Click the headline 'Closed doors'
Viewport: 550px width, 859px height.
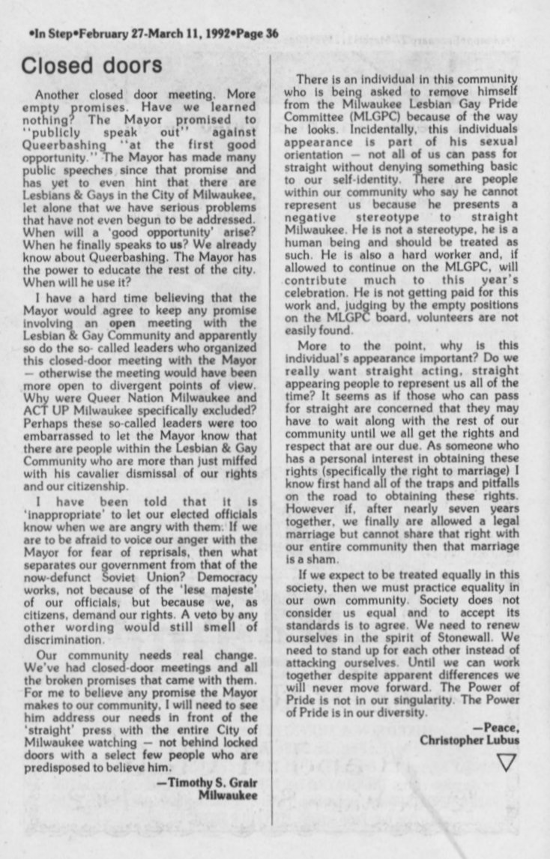click(91, 65)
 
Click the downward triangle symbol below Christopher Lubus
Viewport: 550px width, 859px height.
click(507, 762)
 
